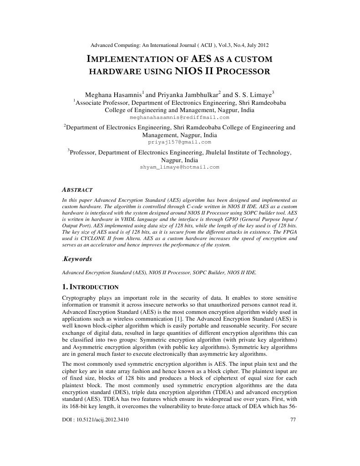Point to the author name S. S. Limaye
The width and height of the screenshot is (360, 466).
pyautogui.click(x=253, y=95)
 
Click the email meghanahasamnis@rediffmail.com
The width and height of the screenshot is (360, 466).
pyautogui.click(x=179, y=117)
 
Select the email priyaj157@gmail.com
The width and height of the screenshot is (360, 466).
pyautogui.click(x=179, y=142)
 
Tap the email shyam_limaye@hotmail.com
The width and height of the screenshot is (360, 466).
pyautogui.click(x=179, y=167)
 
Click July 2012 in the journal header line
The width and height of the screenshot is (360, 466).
pyautogui.click(x=257, y=46)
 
